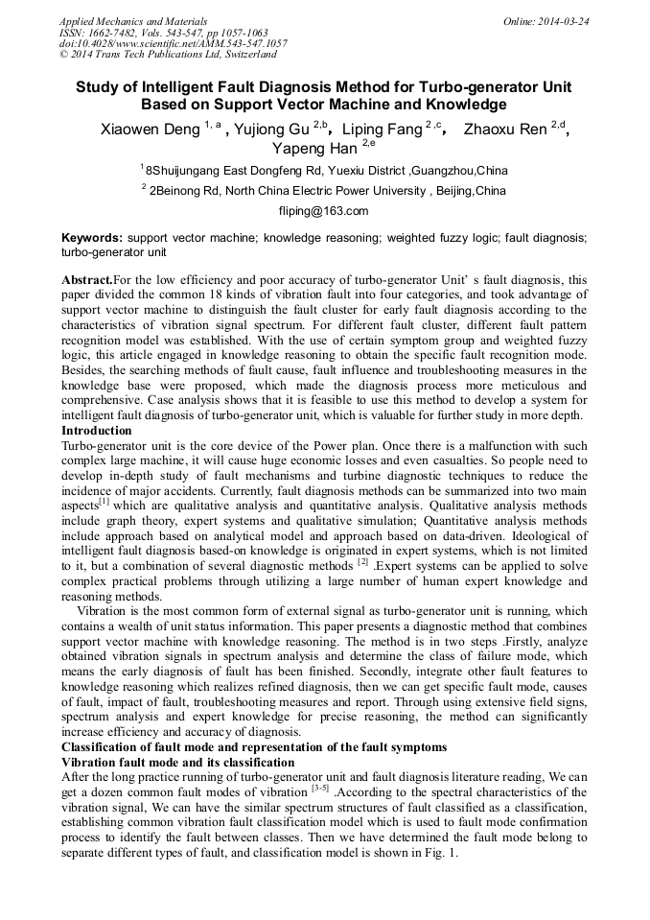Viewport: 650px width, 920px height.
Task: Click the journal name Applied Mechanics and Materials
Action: [132, 20]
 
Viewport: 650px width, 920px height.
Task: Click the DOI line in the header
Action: [173, 43]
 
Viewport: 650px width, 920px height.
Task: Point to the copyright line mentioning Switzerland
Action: [168, 55]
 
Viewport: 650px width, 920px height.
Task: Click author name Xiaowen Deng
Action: [150, 130]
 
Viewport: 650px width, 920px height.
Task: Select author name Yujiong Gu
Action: [274, 130]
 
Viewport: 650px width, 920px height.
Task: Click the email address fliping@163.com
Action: [324, 211]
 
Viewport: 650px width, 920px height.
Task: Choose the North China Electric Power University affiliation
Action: [327, 191]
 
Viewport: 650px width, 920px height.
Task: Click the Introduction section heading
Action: [96, 431]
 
